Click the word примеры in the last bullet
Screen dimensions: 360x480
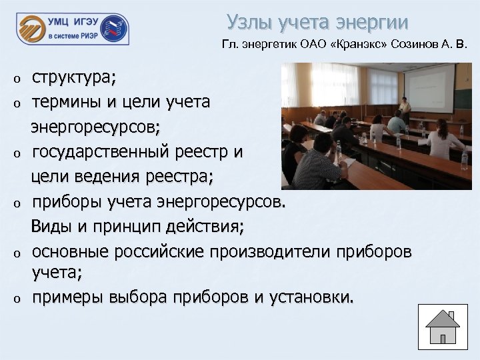(x=67, y=297)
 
